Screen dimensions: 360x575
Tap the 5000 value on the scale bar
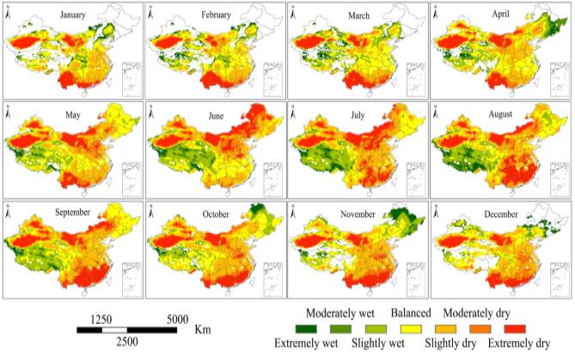pyautogui.click(x=177, y=319)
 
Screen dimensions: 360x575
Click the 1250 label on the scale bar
pyautogui.click(x=102, y=319)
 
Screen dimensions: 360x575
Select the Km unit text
pyautogui.click(x=203, y=327)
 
